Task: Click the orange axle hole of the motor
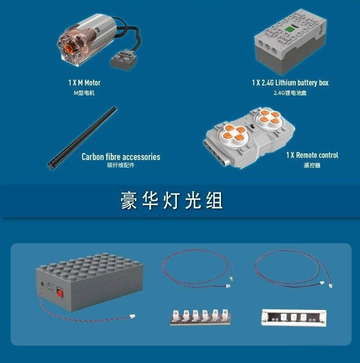click(x=69, y=48)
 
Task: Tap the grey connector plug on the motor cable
click(x=124, y=59)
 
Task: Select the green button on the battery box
click(x=289, y=29)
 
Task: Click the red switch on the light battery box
click(x=60, y=293)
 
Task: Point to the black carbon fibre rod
click(x=82, y=138)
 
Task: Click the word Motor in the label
click(x=92, y=83)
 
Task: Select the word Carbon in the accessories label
click(x=93, y=157)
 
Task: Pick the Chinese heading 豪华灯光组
click(x=171, y=201)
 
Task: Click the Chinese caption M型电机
click(x=84, y=93)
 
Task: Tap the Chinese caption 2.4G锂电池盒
click(x=290, y=93)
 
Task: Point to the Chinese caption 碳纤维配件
click(x=121, y=165)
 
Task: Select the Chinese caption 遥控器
click(x=312, y=165)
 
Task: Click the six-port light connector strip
click(x=200, y=317)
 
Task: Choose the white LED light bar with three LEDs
click(x=294, y=318)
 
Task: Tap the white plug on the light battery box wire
click(x=132, y=316)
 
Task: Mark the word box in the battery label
click(x=324, y=83)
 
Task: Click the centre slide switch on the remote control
click(x=253, y=126)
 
